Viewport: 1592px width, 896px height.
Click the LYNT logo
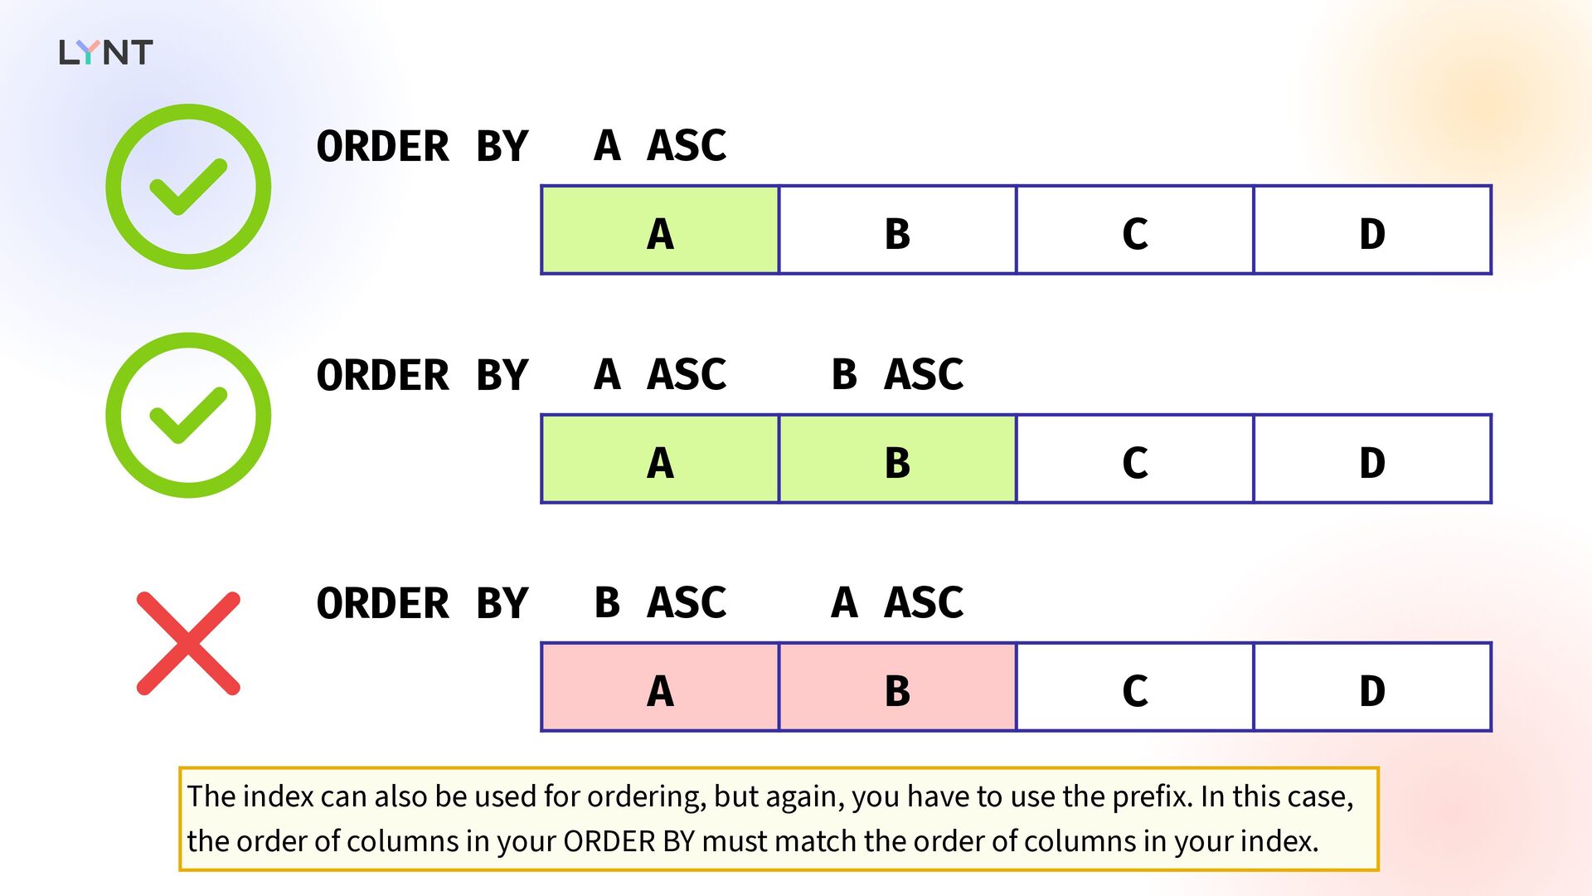[105, 52]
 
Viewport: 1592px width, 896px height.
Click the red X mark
[188, 643]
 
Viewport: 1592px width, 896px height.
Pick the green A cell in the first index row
[660, 230]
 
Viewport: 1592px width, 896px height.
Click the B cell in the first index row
[897, 230]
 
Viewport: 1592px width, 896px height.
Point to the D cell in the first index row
[1372, 230]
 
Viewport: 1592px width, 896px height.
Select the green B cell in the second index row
[897, 459]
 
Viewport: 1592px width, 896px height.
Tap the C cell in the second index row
[1135, 459]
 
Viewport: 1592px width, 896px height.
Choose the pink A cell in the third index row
[660, 687]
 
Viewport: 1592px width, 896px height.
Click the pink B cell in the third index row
[897, 687]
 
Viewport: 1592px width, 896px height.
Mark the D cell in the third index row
[1372, 687]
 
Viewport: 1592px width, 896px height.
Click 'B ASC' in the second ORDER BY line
[897, 374]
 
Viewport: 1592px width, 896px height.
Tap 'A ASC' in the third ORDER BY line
[897, 602]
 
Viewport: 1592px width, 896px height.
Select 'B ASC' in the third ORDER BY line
[660, 602]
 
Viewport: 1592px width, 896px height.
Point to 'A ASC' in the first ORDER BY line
[660, 145]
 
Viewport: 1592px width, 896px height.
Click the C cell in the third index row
[1135, 687]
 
